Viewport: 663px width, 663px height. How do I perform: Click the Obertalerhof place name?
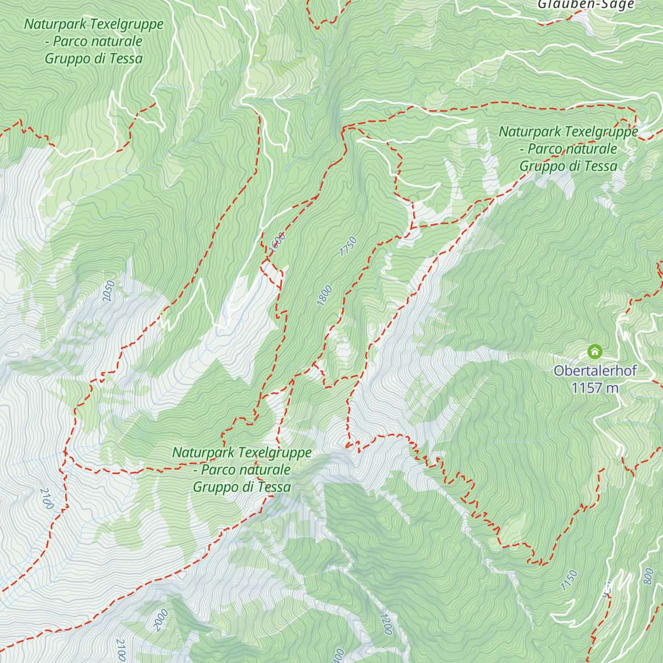click(x=595, y=371)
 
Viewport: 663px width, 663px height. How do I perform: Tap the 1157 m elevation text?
click(x=594, y=388)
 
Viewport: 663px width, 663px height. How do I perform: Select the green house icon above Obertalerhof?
click(x=594, y=351)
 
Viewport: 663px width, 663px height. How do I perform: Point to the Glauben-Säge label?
click(x=586, y=5)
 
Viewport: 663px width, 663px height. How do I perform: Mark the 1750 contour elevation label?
click(x=348, y=246)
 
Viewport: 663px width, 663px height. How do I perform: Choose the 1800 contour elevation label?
click(x=324, y=294)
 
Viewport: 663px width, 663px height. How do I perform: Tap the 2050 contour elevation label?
click(x=109, y=291)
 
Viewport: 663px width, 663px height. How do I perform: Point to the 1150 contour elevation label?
click(x=569, y=581)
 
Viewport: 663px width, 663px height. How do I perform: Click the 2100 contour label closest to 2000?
click(x=120, y=650)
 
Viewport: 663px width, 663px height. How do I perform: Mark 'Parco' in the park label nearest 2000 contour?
click(x=220, y=470)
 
